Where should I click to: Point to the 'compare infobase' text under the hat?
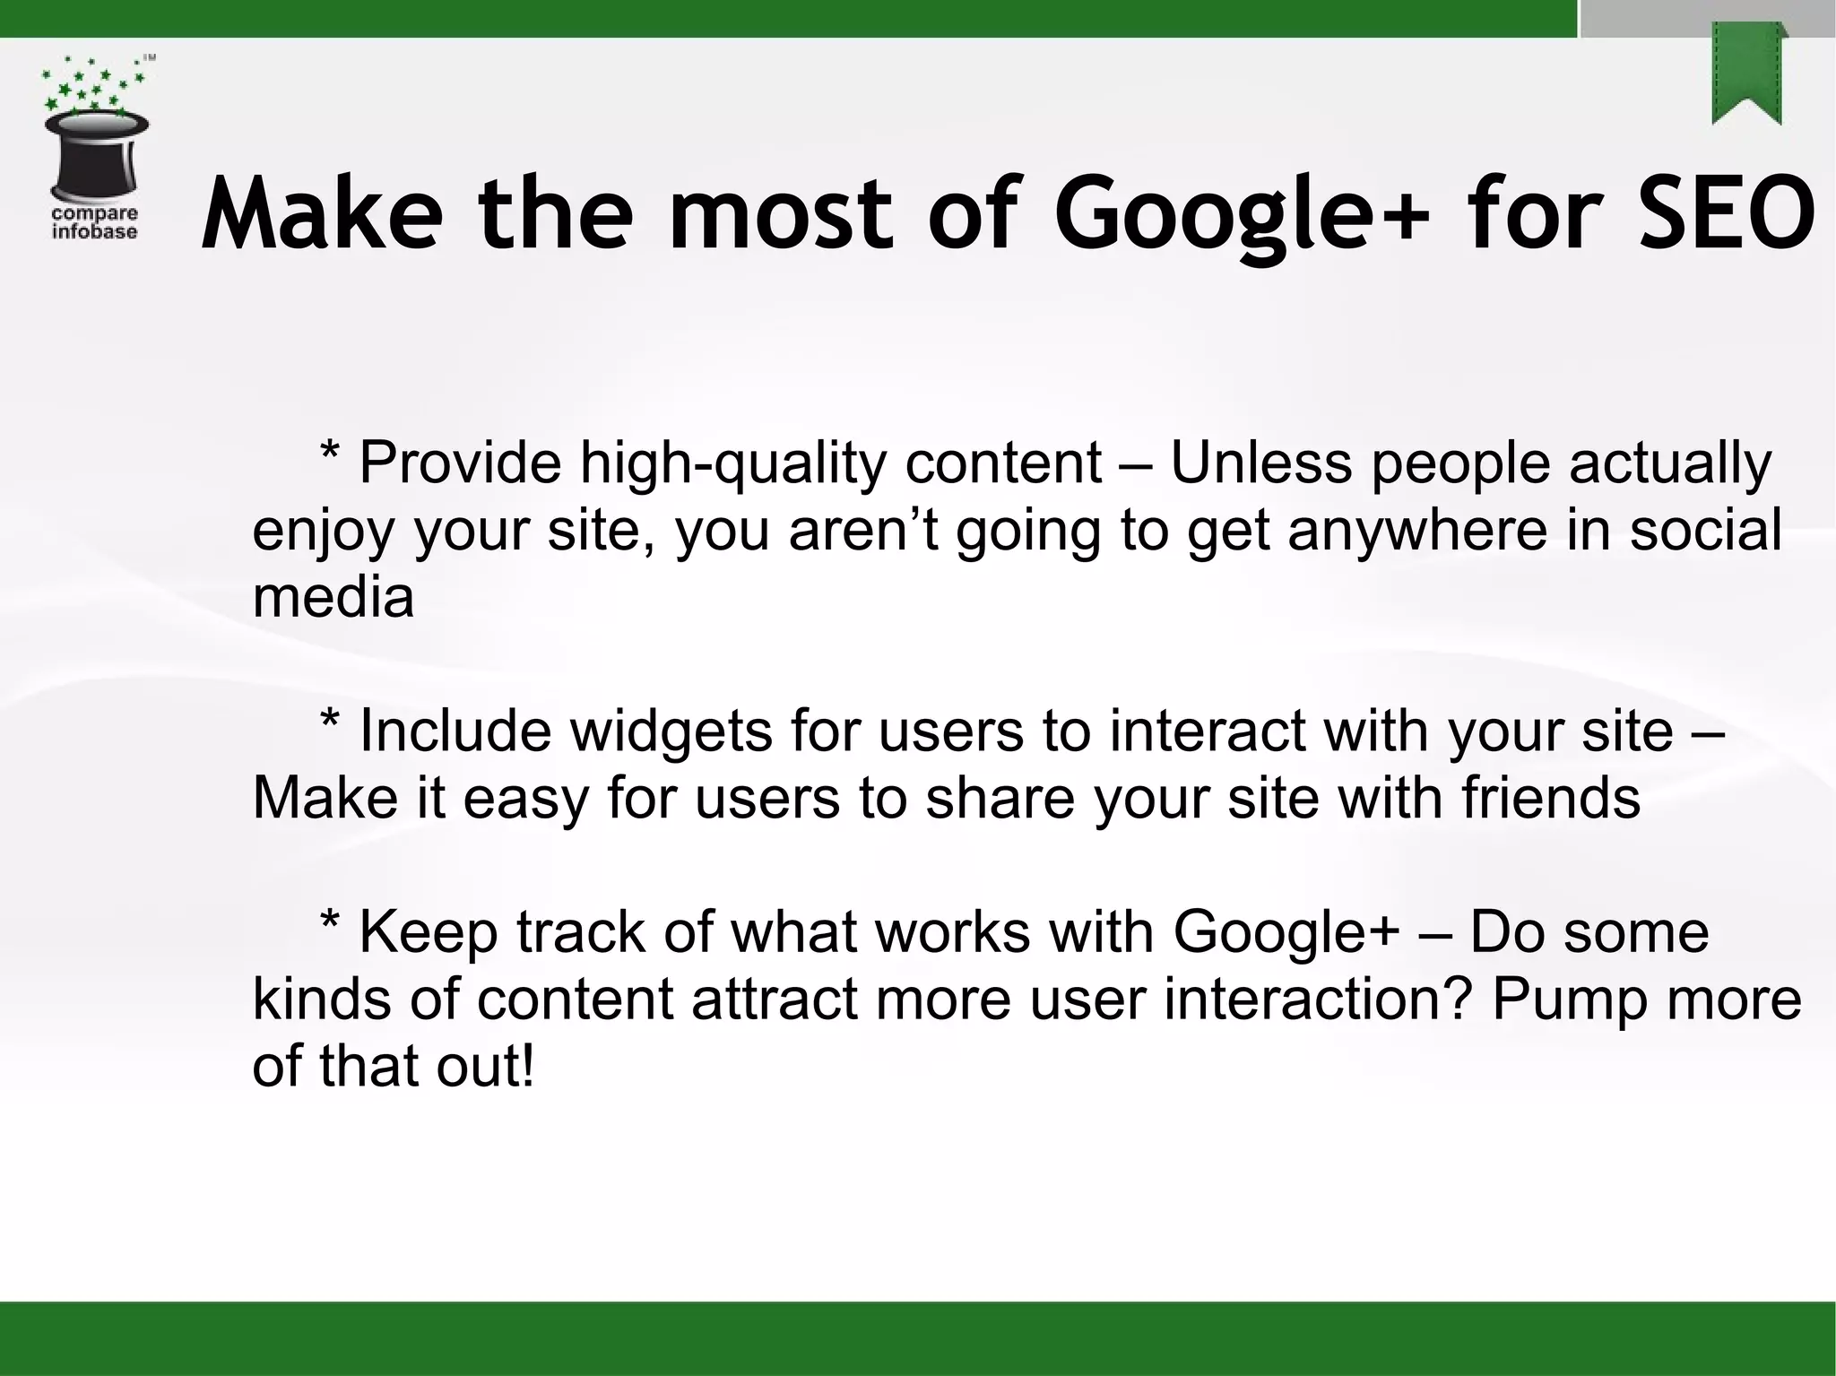[x=94, y=222]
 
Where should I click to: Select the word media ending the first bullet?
[x=333, y=597]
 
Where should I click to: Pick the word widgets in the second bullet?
[x=671, y=731]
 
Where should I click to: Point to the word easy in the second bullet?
[x=524, y=799]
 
